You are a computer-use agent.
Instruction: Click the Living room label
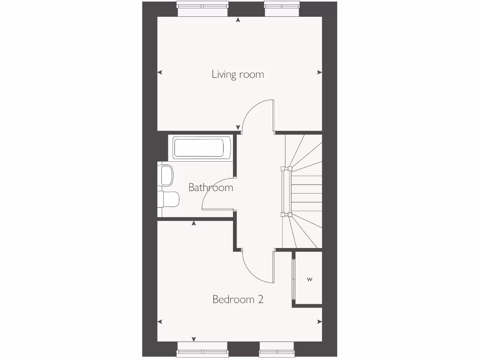point(238,74)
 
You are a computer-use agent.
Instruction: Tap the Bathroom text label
point(210,187)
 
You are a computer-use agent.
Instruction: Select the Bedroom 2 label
point(238,299)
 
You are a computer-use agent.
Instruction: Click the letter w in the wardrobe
point(309,279)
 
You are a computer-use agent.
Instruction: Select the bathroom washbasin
point(165,175)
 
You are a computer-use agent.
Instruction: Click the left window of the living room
point(202,9)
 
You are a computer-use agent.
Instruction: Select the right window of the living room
point(281,9)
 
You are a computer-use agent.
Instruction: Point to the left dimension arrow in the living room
point(160,72)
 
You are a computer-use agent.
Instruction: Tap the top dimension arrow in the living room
point(238,20)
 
